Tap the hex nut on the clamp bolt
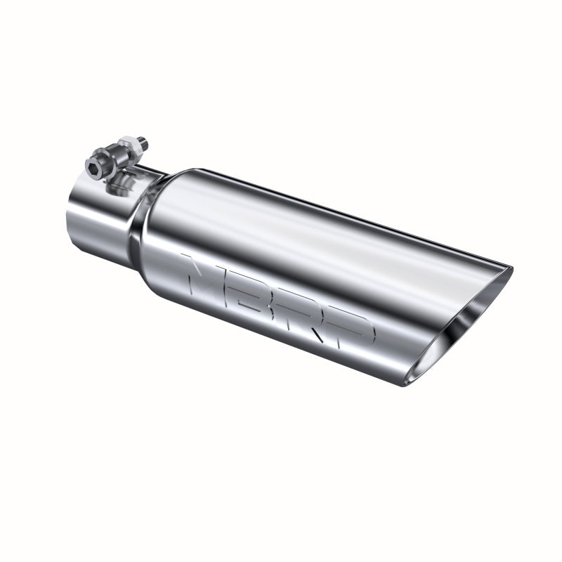(x=129, y=148)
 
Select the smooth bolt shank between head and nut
(x=112, y=157)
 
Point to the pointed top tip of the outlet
(x=510, y=268)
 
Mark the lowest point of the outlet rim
(x=407, y=384)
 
